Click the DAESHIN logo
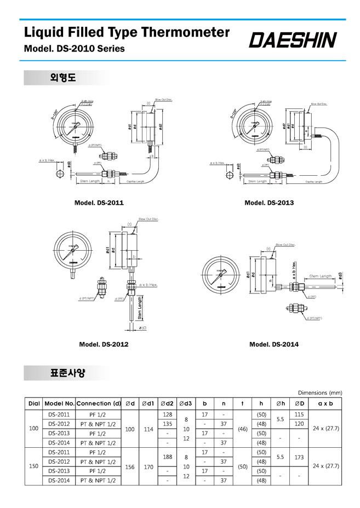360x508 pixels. [x=293, y=39]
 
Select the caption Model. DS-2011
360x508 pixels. [x=99, y=203]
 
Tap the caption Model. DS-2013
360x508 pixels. [x=269, y=203]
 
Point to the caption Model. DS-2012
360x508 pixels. [x=104, y=344]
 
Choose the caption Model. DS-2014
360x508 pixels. [x=274, y=344]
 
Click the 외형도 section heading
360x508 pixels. [x=62, y=78]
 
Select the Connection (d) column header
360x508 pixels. [x=99, y=403]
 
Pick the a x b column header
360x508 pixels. [x=325, y=403]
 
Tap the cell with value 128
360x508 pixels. [x=168, y=414]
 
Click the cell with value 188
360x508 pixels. [x=168, y=456]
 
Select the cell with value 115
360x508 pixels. [x=299, y=414]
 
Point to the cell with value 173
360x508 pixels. [x=299, y=456]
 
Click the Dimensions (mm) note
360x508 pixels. [x=320, y=392]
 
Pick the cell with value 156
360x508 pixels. [x=130, y=466]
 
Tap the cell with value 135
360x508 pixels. [x=168, y=424]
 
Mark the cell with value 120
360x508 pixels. [x=299, y=424]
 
